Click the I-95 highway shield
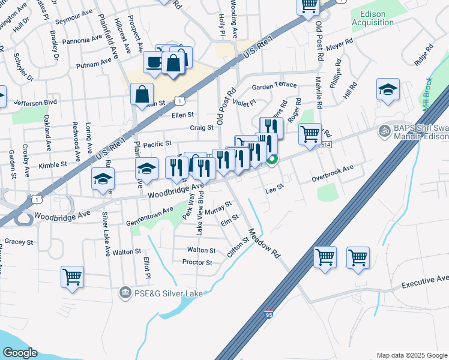click(268, 314)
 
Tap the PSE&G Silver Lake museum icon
click(124, 292)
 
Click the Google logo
click(20, 353)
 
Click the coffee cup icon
click(153, 62)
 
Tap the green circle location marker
click(273, 160)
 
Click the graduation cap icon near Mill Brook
click(388, 90)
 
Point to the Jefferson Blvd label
click(35, 103)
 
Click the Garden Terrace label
click(274, 86)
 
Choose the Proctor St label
click(197, 262)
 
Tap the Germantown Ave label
click(149, 215)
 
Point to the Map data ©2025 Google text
click(412, 355)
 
